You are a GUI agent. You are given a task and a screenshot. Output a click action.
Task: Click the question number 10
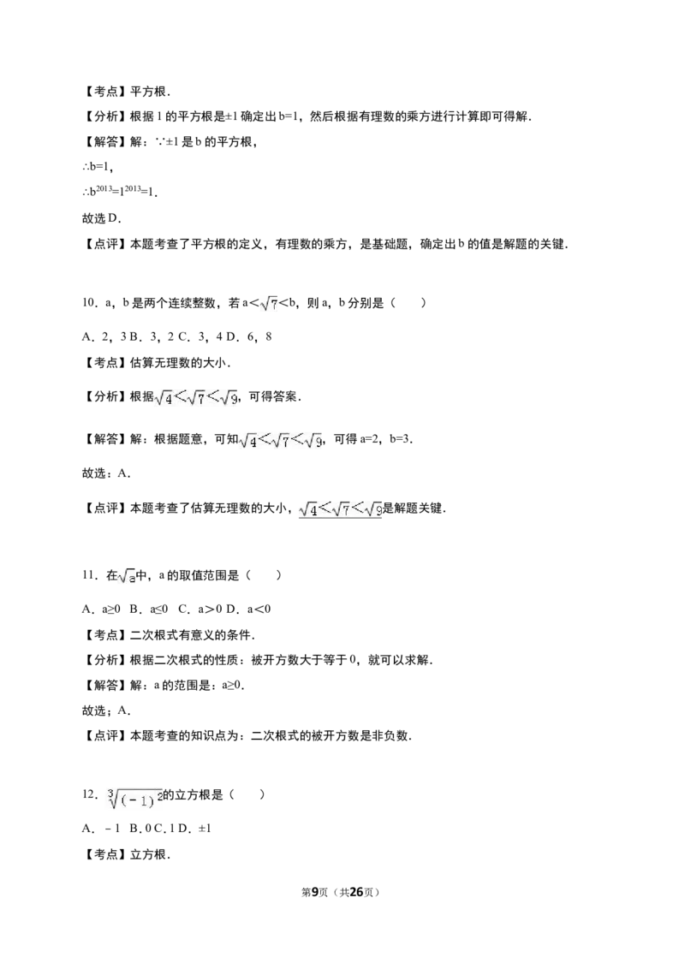click(x=89, y=303)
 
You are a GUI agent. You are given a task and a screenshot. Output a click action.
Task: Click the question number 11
click(x=89, y=575)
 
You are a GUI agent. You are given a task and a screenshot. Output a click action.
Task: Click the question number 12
click(x=89, y=794)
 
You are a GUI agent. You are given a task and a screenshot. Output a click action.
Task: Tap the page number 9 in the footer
click(x=315, y=892)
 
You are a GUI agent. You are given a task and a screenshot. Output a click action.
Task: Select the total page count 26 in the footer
click(x=356, y=892)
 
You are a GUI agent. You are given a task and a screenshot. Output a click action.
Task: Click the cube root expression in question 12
click(x=134, y=797)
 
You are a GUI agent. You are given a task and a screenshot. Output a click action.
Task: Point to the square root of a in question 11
click(x=127, y=577)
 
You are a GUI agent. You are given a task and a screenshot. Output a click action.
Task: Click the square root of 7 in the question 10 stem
click(x=269, y=303)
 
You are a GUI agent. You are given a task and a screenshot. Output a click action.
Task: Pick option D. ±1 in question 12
click(x=194, y=828)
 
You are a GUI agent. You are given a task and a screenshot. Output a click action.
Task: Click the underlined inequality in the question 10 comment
click(x=340, y=509)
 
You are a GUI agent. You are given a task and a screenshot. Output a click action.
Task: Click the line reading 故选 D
click(x=102, y=218)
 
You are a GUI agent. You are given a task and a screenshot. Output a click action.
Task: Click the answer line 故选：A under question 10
click(x=106, y=473)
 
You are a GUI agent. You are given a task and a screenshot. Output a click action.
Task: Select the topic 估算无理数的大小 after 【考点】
click(x=179, y=363)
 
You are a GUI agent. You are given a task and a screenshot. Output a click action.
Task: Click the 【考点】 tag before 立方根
click(x=105, y=854)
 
